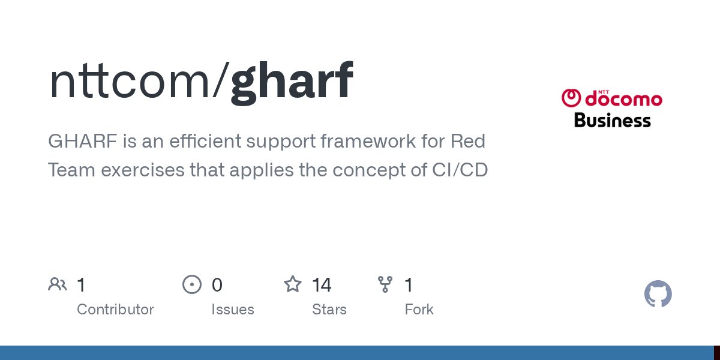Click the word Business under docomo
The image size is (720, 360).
612,120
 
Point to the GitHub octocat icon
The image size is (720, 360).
658,294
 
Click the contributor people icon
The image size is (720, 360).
58,284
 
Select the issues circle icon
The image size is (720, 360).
191,284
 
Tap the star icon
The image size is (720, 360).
292,284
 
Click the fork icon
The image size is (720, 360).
385,284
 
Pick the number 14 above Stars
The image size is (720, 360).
322,284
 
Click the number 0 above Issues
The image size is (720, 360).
217,284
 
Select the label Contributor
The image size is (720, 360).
115,310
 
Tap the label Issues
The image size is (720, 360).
232,310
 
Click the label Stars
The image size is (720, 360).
329,310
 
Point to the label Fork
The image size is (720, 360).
419,310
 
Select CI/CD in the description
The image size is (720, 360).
460,170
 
